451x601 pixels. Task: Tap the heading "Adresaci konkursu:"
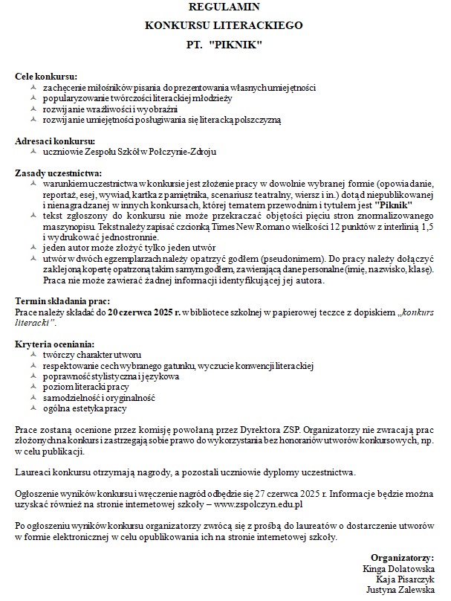pos(54,141)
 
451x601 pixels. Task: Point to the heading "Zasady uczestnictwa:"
pos(59,173)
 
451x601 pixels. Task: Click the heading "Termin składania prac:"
pos(62,300)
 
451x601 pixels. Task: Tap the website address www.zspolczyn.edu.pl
pos(257,505)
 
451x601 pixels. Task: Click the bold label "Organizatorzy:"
pos(402,557)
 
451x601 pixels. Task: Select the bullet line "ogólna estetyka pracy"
pos(85,408)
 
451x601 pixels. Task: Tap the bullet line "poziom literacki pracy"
pos(86,387)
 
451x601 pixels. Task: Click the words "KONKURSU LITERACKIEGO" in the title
pos(224,25)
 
